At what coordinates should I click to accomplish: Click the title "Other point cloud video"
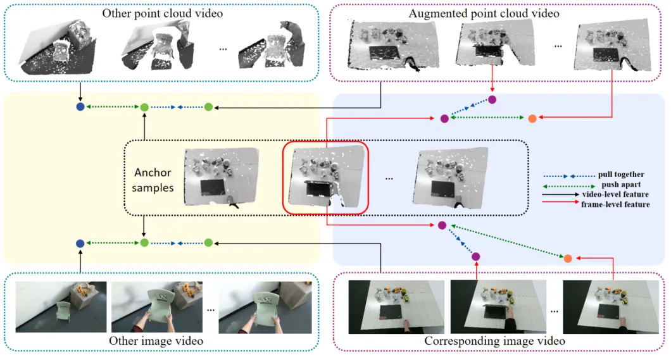tap(162, 13)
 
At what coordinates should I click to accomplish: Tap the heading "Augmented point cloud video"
tap(484, 13)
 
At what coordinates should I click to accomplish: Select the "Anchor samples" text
tap(153, 180)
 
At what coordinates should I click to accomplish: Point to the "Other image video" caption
tap(156, 341)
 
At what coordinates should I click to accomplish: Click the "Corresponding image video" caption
tap(494, 341)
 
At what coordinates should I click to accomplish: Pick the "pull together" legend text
tap(621, 175)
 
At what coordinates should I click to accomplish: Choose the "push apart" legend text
tap(621, 185)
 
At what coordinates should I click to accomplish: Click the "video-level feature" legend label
tap(615, 194)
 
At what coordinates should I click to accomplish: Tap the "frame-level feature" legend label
tap(615, 204)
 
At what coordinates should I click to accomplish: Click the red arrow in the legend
tap(560, 201)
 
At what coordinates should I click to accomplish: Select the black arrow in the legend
tap(560, 194)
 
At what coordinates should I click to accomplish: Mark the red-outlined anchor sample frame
tap(325, 177)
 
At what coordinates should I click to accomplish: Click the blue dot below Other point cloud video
tap(80, 107)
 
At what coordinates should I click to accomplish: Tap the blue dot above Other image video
tap(80, 244)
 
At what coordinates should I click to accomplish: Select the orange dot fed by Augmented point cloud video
tap(532, 119)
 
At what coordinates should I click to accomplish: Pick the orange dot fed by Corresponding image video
tap(568, 258)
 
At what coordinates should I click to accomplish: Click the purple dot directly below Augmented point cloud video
tap(492, 99)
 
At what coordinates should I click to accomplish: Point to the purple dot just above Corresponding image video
tap(476, 256)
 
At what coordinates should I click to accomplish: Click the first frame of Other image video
tap(61, 307)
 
